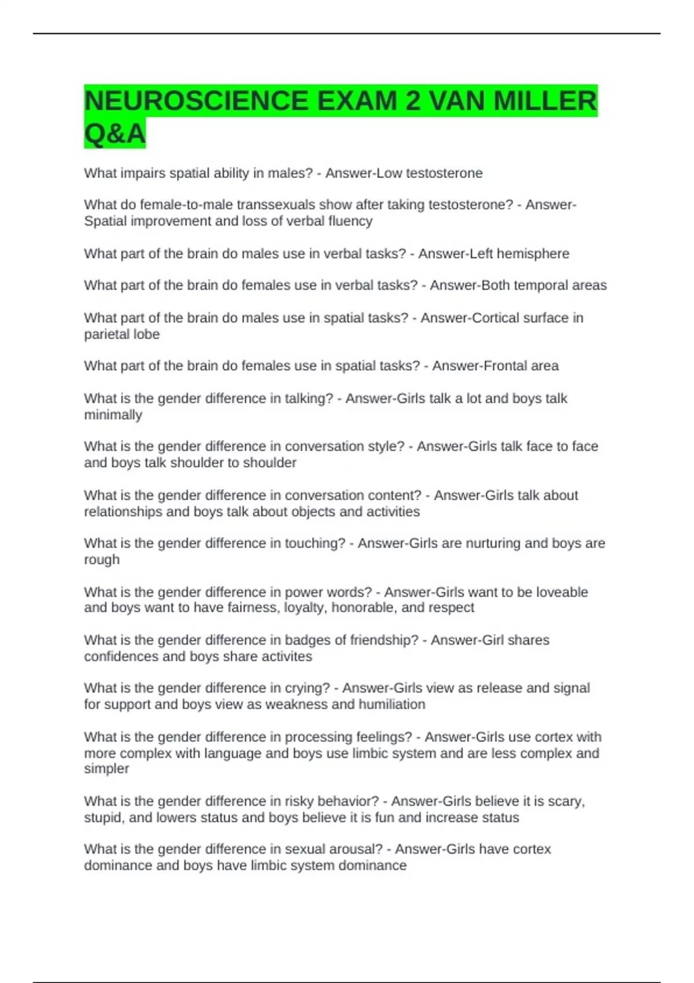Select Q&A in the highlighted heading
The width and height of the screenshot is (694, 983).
(115, 134)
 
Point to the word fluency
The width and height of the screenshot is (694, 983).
(350, 221)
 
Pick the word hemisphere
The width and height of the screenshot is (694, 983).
(533, 253)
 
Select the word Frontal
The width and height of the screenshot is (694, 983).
(496, 365)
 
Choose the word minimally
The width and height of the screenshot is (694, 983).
(113, 415)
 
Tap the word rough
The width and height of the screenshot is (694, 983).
(102, 560)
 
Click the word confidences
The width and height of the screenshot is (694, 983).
(121, 656)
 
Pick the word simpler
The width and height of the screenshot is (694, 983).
(106, 768)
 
